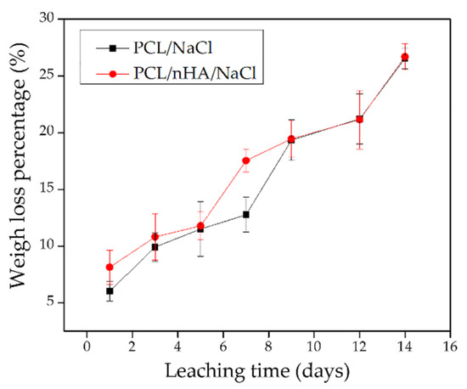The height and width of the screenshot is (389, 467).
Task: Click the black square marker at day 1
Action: pos(110,290)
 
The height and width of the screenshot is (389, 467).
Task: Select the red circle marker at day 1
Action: pos(110,268)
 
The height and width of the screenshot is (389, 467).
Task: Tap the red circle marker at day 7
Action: pos(246,161)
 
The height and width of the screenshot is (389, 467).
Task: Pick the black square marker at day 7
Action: pos(246,214)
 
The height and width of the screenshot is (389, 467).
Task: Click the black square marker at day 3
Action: pos(155,247)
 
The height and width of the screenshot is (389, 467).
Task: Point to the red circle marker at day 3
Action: pos(155,237)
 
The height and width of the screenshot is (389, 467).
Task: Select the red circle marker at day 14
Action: pos(405,57)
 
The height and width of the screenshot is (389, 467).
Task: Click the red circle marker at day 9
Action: pos(291,138)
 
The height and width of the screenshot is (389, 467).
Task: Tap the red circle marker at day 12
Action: pos(359,120)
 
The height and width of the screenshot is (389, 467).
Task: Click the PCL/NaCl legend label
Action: pos(172,48)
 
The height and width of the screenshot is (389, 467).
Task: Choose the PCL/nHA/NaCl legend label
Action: pos(194,73)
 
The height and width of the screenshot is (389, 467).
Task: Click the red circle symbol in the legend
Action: pos(113,74)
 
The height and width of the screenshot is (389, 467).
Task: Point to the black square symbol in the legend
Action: pos(113,48)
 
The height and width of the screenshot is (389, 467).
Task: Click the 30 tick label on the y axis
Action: pos(48,19)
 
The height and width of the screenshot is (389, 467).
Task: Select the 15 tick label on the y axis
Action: pos(48,189)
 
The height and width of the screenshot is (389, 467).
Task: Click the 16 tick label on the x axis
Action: pos(450,347)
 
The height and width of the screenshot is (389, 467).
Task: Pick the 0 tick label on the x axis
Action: pos(87,347)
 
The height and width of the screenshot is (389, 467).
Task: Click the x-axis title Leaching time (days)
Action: pos(257,371)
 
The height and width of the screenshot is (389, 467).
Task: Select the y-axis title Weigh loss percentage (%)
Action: pos(20,166)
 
